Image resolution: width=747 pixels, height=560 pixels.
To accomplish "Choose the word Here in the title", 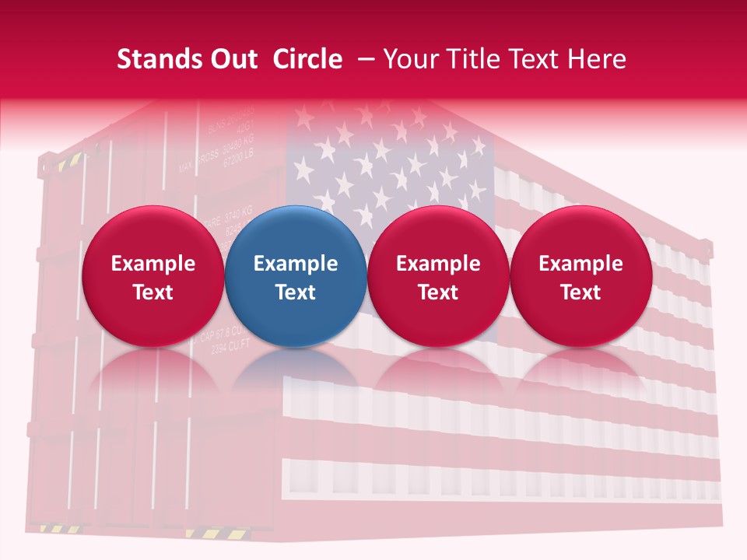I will click(x=598, y=59).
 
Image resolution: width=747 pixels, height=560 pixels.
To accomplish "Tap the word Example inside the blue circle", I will click(x=296, y=264).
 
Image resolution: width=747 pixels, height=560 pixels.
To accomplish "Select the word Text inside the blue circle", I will click(x=296, y=292).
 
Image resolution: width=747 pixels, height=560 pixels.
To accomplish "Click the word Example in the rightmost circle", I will click(x=581, y=264).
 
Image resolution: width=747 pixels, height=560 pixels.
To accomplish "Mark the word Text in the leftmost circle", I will click(x=153, y=292).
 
